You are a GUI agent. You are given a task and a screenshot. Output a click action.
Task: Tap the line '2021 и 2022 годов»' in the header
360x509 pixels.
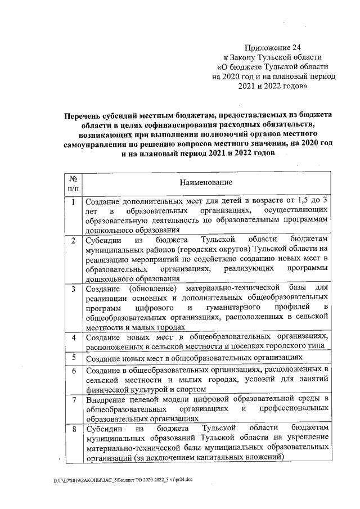(x=272, y=87)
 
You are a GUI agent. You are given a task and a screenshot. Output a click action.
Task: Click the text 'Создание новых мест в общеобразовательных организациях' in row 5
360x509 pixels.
(x=194, y=358)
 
